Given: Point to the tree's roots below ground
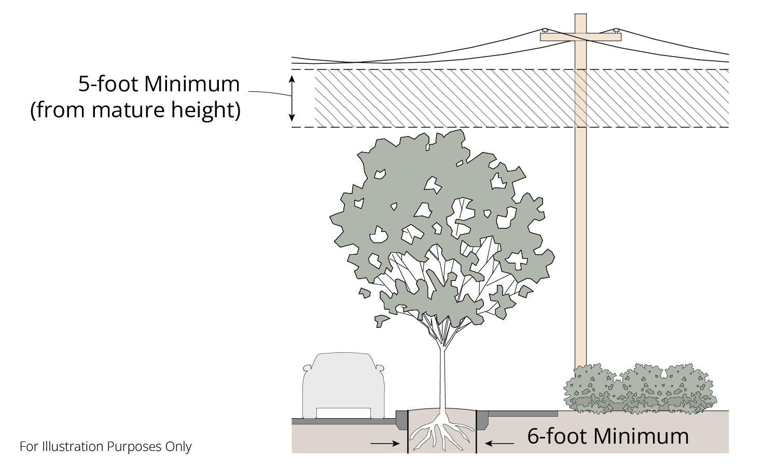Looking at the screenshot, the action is tap(442, 433).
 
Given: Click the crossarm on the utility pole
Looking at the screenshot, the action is tap(580, 37).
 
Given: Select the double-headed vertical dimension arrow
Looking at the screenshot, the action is tap(292, 98).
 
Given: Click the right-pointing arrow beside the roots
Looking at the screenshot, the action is tap(384, 444).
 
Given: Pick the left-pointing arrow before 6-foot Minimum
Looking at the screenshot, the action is tap(499, 444).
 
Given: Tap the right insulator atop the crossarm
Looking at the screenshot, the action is tap(616, 31).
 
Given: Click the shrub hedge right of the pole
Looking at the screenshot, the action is tap(641, 389).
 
